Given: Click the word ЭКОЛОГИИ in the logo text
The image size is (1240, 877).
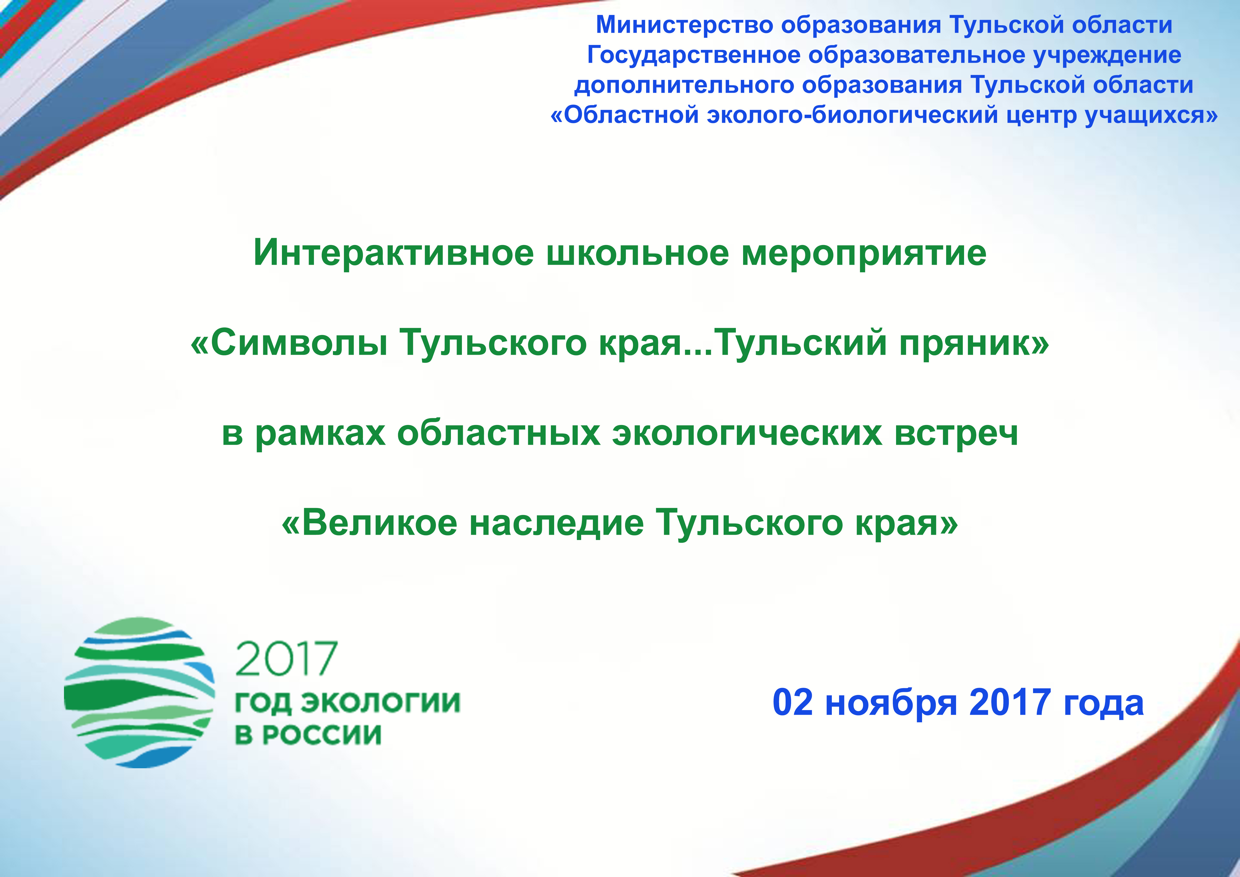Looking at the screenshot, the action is (x=381, y=702).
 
